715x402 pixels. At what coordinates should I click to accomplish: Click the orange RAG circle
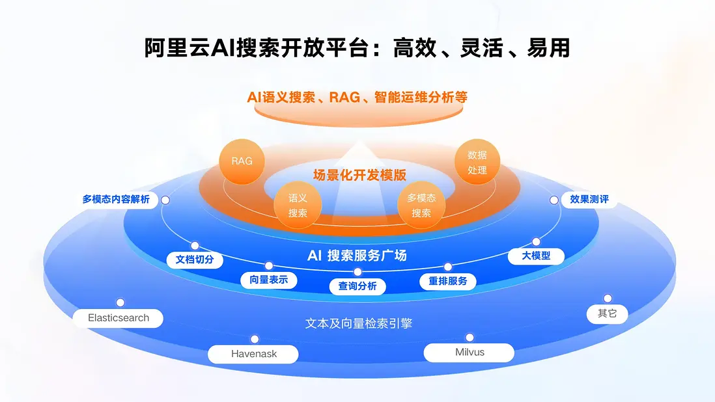[x=242, y=161]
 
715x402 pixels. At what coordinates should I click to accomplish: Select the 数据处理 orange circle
[x=477, y=163]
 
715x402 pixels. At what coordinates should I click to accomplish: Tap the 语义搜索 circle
[x=298, y=205]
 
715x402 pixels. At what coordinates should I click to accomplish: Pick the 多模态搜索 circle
[x=421, y=205]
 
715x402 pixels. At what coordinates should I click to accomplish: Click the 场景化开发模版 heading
[x=359, y=175]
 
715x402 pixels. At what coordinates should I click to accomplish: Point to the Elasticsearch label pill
[x=119, y=318]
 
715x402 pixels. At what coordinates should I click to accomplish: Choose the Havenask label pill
[x=254, y=354]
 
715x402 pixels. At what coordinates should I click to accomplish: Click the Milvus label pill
[x=470, y=352]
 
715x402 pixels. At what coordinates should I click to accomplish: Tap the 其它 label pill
[x=607, y=314]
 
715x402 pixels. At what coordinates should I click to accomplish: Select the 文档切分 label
[x=195, y=260]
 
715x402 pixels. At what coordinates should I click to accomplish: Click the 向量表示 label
[x=269, y=280]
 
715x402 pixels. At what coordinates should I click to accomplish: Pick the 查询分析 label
[x=357, y=286]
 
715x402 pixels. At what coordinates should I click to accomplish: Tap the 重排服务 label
[x=448, y=281]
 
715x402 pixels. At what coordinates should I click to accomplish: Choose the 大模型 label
[x=536, y=256]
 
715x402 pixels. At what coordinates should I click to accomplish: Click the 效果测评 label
[x=589, y=199]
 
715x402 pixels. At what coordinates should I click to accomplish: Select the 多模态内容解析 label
[x=116, y=199]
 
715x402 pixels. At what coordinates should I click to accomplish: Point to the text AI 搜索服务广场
[x=357, y=256]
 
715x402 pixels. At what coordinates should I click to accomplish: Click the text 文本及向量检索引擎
[x=359, y=323]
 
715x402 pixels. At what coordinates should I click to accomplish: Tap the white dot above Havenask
[x=255, y=339]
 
